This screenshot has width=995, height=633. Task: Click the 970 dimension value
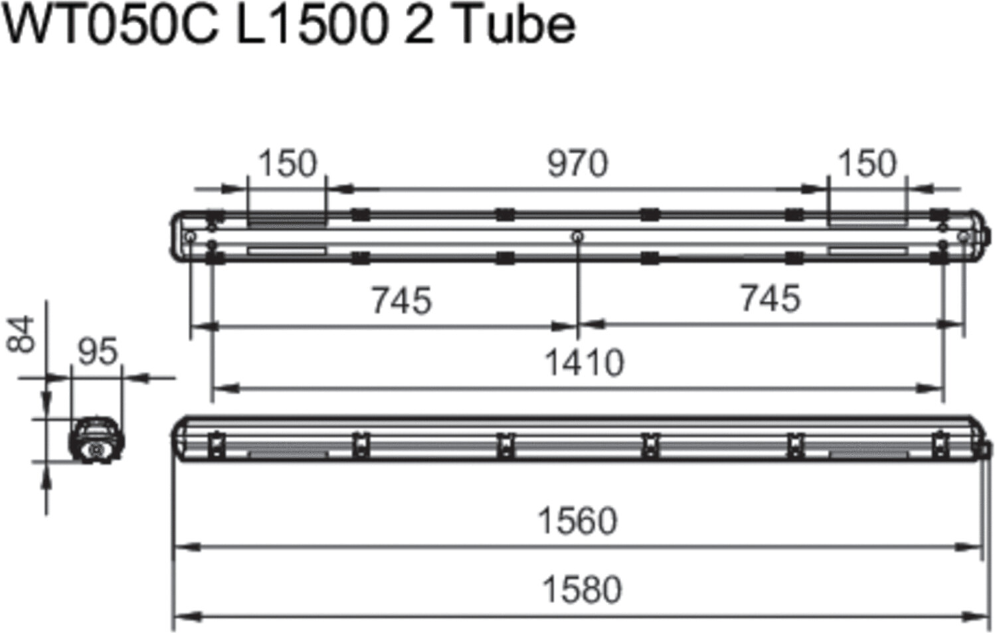(x=577, y=164)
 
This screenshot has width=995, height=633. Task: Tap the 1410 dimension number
(x=584, y=363)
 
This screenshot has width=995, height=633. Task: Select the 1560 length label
(x=577, y=521)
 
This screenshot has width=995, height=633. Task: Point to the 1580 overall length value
(x=582, y=589)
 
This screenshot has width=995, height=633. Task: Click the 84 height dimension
(x=21, y=333)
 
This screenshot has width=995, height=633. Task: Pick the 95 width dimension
(x=98, y=351)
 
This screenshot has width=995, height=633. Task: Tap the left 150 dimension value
(x=288, y=163)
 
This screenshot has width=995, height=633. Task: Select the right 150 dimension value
(x=867, y=163)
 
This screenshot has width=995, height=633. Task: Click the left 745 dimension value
(x=401, y=301)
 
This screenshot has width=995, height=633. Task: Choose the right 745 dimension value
(x=770, y=299)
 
